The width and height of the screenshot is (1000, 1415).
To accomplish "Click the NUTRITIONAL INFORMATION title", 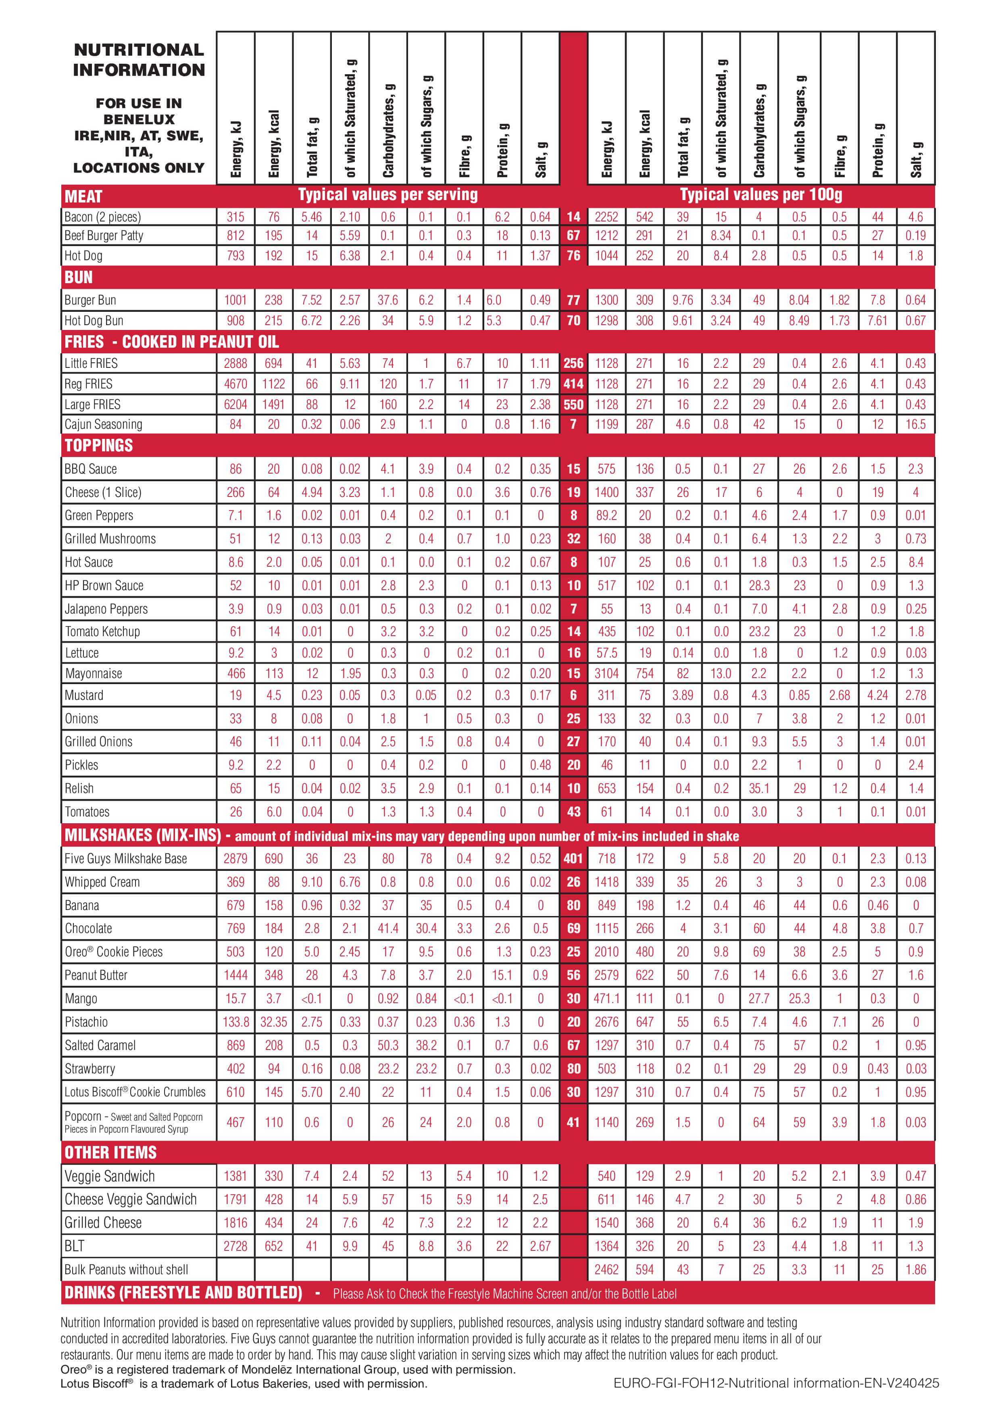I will [139, 60].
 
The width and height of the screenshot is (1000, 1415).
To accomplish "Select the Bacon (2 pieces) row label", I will [103, 217].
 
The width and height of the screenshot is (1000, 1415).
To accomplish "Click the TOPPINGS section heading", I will [98, 446].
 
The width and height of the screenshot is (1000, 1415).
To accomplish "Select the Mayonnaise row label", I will [94, 674].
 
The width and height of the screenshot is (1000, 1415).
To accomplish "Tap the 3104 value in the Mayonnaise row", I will [606, 674].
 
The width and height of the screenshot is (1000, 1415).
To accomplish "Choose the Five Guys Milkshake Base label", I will [126, 858].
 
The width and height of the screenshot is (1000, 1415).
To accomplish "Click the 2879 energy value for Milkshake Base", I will [235, 858].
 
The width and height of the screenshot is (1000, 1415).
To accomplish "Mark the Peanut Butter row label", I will [96, 975].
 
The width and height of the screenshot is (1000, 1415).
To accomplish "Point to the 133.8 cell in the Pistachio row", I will [235, 1022].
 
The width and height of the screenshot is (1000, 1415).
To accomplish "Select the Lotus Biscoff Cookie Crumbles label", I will [135, 1092].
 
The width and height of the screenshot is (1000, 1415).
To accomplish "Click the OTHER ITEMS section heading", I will [110, 1152].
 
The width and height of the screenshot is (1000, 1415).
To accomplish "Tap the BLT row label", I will [75, 1246].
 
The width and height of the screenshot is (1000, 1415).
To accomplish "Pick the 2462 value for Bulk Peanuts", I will [606, 1269].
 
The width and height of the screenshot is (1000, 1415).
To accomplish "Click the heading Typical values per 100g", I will [761, 195].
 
